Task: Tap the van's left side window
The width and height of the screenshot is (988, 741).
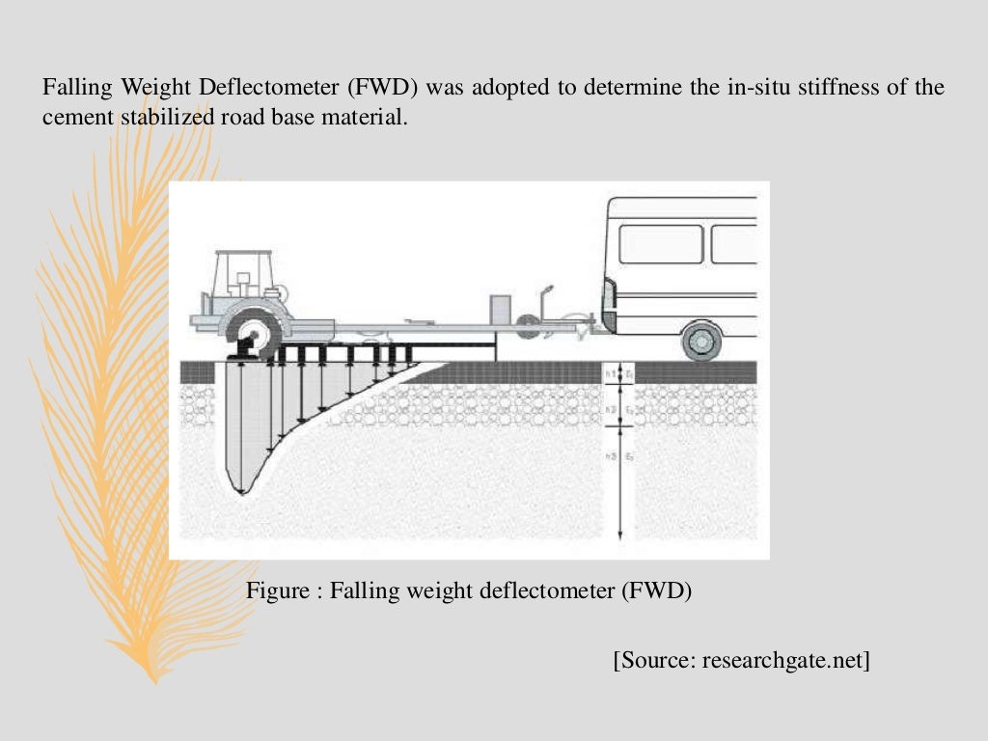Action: (x=660, y=244)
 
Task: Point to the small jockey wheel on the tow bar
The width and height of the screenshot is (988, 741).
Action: (x=528, y=329)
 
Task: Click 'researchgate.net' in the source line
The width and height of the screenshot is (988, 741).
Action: (x=783, y=661)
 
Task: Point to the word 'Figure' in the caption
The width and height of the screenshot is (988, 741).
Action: (x=277, y=590)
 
